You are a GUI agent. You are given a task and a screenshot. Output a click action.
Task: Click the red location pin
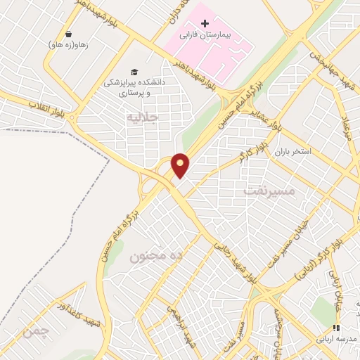(x=181, y=165)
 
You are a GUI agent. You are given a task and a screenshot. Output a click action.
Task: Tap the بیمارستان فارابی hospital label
(x=205, y=34)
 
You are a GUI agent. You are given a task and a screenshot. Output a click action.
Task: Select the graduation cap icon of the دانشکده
(x=134, y=72)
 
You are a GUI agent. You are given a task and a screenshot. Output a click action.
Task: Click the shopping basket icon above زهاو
(x=68, y=34)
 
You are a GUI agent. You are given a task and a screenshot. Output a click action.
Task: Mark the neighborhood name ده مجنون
(x=156, y=257)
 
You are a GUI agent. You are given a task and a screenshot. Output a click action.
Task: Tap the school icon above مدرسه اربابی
(x=337, y=328)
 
